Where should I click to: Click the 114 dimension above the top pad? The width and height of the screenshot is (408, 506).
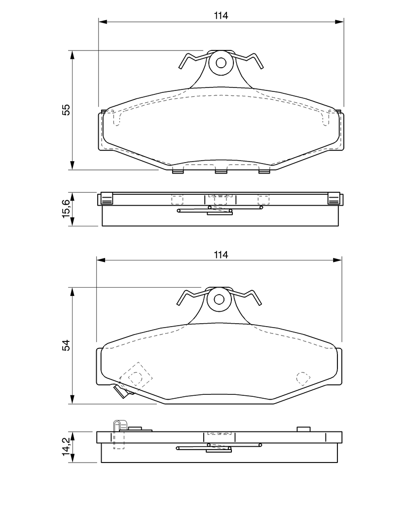click(x=221, y=15)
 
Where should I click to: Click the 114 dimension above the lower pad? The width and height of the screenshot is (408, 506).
click(x=221, y=254)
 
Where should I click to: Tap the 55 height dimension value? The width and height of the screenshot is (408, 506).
click(x=66, y=110)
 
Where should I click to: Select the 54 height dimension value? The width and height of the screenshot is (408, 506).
click(x=66, y=345)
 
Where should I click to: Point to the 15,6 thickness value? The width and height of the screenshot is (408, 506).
click(x=66, y=209)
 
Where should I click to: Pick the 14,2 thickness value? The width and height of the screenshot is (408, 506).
click(x=66, y=447)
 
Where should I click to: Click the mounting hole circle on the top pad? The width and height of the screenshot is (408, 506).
click(x=221, y=63)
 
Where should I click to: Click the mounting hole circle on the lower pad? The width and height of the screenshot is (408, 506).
click(x=219, y=299)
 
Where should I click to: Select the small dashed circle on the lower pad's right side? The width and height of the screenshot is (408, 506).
click(x=303, y=378)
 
